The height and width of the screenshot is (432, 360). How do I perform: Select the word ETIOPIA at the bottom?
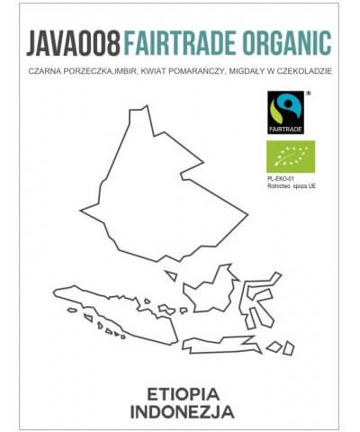click(x=181, y=392)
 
